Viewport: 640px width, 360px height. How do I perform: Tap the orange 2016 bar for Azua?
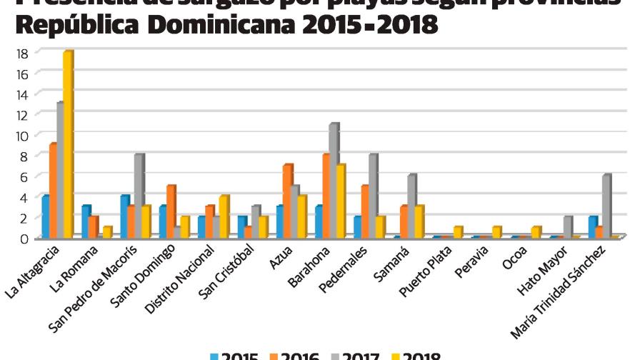[286, 201]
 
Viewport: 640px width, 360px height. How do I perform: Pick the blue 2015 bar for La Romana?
[85, 221]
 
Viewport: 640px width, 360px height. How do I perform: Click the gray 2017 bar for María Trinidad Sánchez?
[606, 206]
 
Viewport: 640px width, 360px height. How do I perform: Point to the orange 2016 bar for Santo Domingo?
[170, 211]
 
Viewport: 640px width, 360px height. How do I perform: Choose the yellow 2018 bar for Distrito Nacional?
[224, 216]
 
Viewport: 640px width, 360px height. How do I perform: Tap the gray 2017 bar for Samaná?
[411, 206]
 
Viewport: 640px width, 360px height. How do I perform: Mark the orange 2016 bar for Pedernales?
[364, 211]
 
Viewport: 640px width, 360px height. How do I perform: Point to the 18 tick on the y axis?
[22, 53]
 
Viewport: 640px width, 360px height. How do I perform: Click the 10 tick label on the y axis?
[22, 135]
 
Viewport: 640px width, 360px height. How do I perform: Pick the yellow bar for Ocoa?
[535, 232]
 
